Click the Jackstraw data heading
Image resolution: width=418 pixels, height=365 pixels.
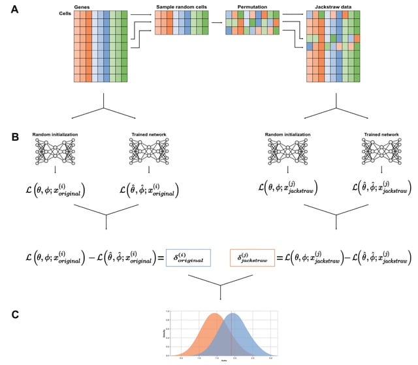335,5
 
